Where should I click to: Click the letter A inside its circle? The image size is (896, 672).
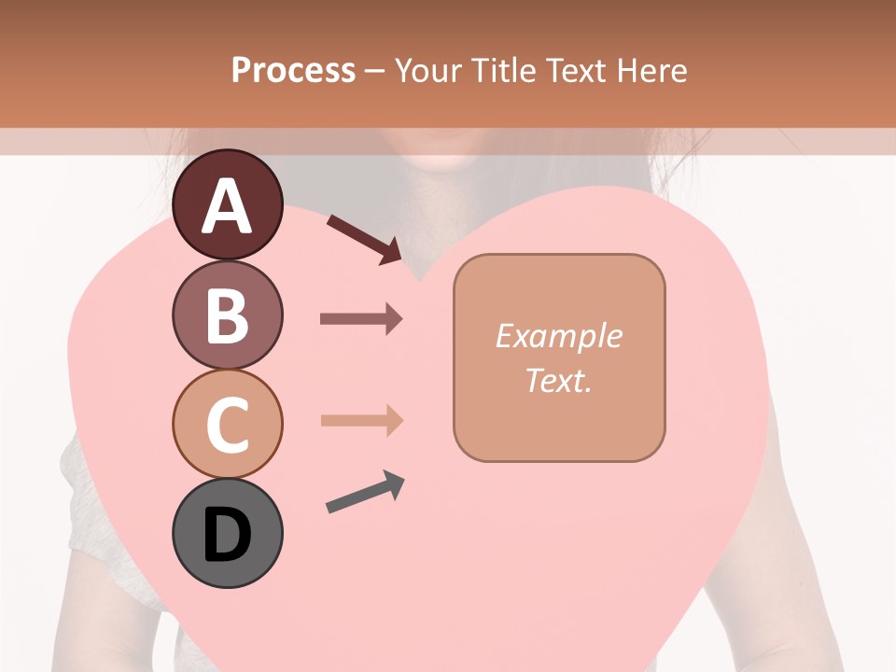coord(228,207)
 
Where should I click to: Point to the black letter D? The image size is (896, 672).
coord(228,536)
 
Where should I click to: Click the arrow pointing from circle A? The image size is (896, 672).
coord(364,239)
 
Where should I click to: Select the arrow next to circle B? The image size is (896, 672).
coord(361,319)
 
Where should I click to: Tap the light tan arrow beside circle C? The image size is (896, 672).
coord(361,420)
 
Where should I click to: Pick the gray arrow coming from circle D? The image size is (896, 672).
coord(365,493)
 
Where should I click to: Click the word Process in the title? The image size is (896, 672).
coord(293,70)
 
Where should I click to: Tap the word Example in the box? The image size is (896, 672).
coord(558,336)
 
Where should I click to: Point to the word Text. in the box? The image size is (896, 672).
coord(558,380)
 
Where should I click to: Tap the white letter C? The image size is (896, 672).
coord(228,426)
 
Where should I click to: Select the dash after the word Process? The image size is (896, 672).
coord(375,71)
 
